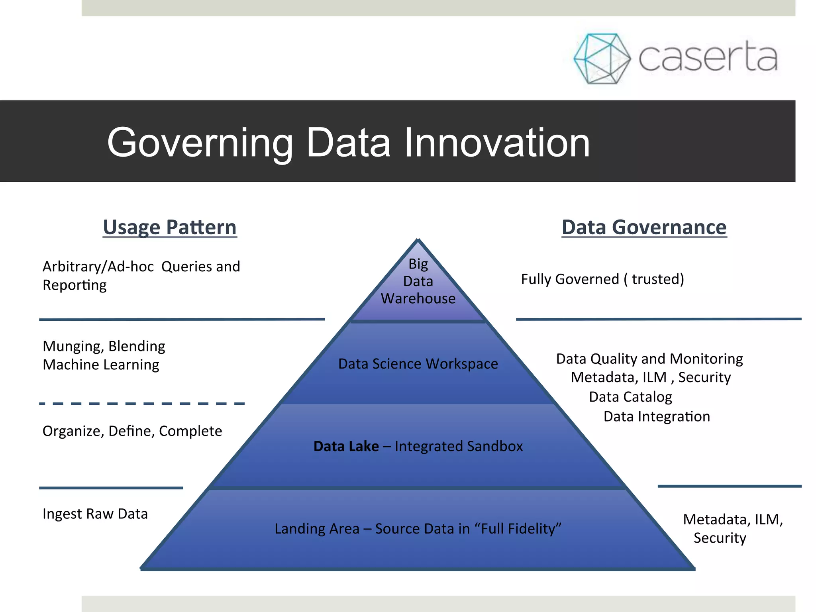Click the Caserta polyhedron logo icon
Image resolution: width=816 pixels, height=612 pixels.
click(602, 59)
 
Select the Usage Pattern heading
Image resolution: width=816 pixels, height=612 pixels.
click(170, 228)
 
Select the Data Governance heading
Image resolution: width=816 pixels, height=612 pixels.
click(644, 228)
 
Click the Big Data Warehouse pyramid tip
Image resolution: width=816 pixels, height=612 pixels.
click(418, 281)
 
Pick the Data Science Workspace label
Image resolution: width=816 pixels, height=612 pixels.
click(418, 364)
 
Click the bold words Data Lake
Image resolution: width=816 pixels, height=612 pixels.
click(346, 446)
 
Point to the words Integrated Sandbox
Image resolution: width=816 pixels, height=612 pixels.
click(459, 446)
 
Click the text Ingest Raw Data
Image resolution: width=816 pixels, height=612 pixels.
click(95, 514)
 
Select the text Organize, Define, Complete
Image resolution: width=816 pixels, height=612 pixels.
click(132, 431)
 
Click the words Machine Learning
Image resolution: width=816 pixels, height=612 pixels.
click(101, 365)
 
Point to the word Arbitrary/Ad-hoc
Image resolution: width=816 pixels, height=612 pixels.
click(98, 267)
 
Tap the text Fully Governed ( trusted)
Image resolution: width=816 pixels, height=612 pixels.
click(602, 279)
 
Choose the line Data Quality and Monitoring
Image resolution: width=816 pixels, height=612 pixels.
click(649, 359)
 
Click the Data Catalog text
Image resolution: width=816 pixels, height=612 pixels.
click(630, 397)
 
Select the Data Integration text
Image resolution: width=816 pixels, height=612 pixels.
click(657, 416)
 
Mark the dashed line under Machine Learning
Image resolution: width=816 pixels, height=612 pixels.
click(142, 404)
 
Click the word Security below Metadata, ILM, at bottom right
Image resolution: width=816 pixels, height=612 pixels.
click(720, 538)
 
